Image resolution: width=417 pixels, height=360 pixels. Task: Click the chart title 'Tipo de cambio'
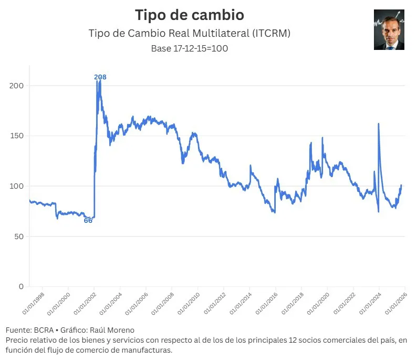189,15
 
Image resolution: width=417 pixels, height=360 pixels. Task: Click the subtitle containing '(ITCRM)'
189,33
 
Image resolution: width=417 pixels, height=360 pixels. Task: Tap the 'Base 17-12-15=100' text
189,48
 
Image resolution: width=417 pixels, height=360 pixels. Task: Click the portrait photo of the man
389,29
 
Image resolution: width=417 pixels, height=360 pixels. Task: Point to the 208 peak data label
100,77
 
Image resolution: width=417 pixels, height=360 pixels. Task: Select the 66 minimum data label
88,221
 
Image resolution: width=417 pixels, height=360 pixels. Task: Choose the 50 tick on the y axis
19,236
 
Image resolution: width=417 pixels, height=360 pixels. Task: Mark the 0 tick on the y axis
21,286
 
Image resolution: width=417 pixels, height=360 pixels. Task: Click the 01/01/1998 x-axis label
33,304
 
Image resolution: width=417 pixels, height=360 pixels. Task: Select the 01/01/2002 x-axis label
85,304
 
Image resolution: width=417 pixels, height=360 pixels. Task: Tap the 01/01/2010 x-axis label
189,304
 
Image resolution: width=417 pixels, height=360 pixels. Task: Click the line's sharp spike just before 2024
379,125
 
